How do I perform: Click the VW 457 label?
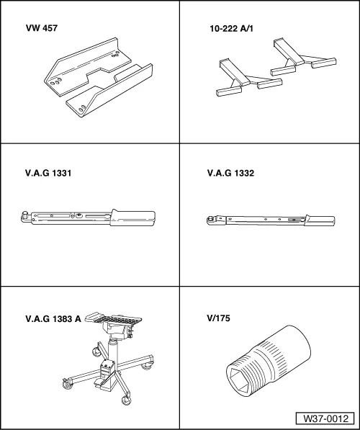point(42,28)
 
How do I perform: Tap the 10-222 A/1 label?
point(231,29)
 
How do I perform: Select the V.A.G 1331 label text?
point(48,174)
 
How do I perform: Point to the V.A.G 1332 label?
point(230,173)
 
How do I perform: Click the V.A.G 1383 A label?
point(53,319)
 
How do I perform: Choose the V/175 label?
point(219,318)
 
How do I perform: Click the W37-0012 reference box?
point(325,418)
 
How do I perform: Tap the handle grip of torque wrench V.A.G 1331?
point(132,218)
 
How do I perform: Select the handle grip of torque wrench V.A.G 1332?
point(320,220)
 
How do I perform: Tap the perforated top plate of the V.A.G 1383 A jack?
point(114,318)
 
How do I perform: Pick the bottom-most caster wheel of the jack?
point(127,400)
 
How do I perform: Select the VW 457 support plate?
point(98,78)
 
